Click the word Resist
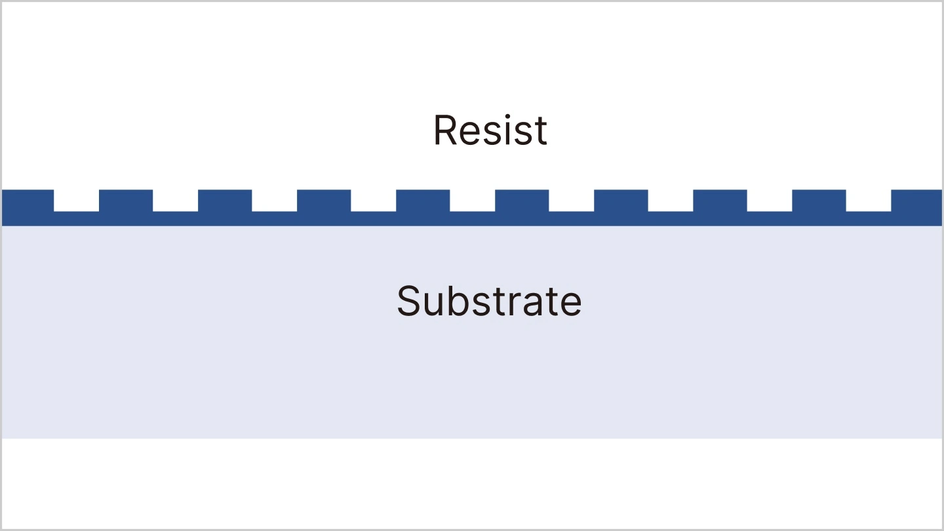click(490, 130)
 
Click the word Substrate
click(489, 301)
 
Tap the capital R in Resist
click(444, 130)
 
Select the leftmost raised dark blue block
click(28, 200)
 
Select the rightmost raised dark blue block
click(916, 200)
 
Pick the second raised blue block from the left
click(126, 200)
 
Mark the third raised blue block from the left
click(225, 200)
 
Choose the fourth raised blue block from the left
click(324, 200)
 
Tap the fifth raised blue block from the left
click(423, 200)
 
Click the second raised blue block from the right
click(819, 200)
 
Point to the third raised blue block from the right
click(720, 200)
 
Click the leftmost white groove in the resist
click(76, 200)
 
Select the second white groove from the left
click(175, 200)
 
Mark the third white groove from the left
click(274, 200)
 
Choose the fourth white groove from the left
click(373, 200)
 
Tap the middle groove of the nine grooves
click(472, 200)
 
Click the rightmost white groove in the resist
click(868, 200)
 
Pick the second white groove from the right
click(769, 200)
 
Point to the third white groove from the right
click(670, 200)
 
